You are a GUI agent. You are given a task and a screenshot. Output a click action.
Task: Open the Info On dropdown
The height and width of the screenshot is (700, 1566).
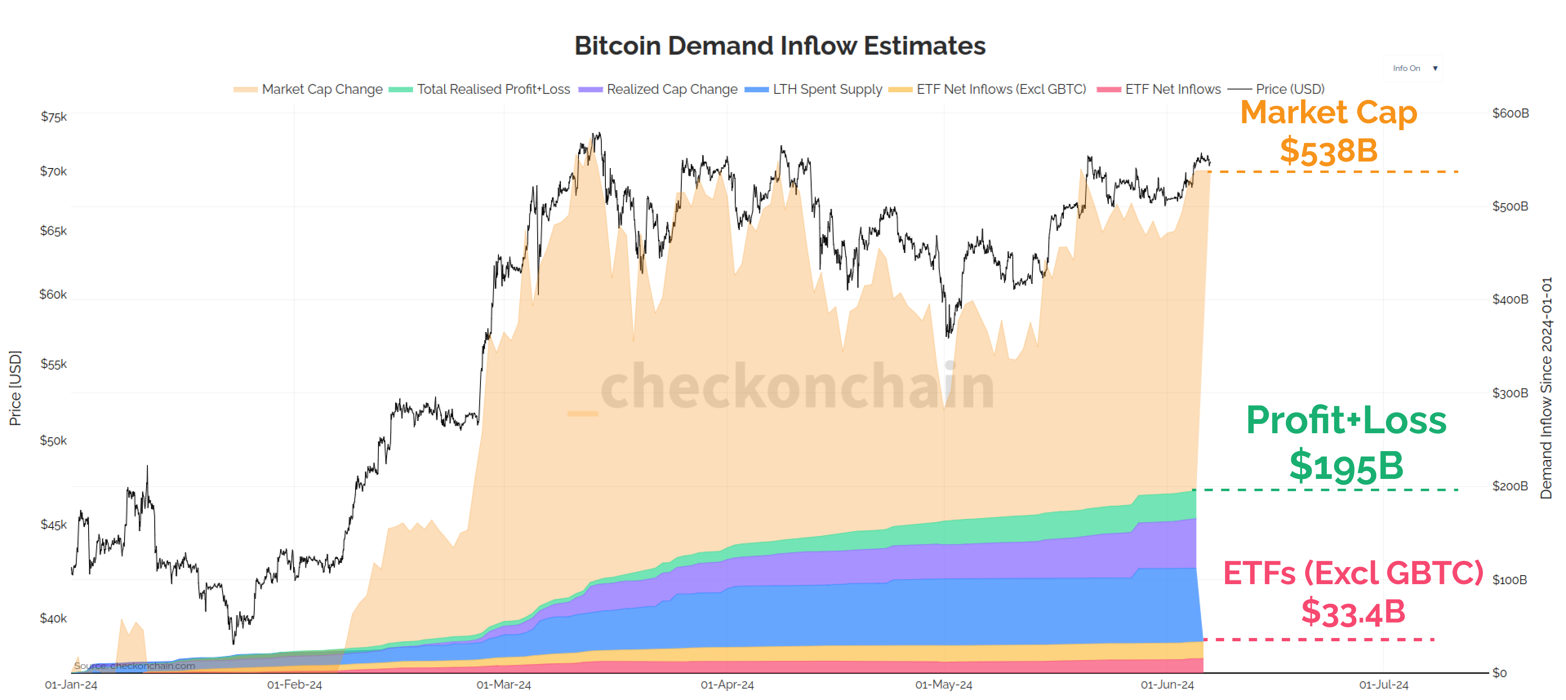[1413, 68]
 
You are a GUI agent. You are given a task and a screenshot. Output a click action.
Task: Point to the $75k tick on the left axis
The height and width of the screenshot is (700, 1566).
[53, 117]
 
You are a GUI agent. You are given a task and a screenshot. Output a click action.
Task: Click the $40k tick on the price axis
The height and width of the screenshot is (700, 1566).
[53, 618]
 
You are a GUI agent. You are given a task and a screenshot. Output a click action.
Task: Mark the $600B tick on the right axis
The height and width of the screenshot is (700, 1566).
[1510, 113]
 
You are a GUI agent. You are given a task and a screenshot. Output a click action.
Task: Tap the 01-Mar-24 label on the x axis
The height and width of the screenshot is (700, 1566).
[503, 685]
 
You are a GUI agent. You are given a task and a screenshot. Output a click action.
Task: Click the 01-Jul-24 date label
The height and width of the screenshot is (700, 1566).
[1383, 685]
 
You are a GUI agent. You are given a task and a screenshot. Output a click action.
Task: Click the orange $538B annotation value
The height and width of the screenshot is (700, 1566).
[1328, 151]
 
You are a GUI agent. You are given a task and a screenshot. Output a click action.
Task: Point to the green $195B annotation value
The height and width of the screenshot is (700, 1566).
[1346, 466]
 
